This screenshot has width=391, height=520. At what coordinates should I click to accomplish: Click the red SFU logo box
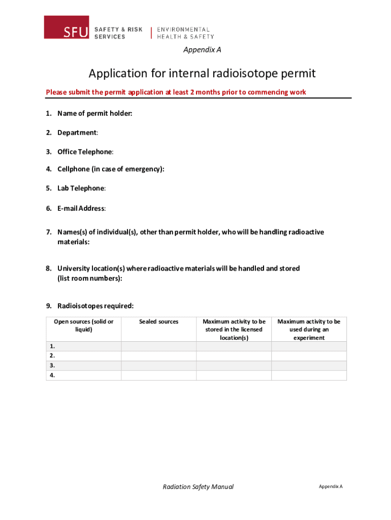click(x=68, y=27)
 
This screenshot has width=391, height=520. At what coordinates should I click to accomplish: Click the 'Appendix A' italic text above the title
click(x=202, y=50)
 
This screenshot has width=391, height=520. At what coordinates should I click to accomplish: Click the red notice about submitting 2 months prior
click(x=176, y=92)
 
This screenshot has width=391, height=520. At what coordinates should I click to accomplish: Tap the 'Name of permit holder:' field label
click(x=94, y=113)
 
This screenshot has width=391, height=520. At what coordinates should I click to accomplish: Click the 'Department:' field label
click(x=78, y=133)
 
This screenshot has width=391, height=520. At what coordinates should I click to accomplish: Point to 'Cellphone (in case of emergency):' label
click(x=111, y=169)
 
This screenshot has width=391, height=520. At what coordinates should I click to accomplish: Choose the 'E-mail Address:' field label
click(x=81, y=208)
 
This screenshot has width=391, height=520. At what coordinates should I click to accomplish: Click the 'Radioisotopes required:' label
click(x=95, y=306)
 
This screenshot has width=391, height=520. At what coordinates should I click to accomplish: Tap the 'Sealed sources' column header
click(x=158, y=321)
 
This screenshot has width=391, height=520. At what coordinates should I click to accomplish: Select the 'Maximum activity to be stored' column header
click(x=234, y=329)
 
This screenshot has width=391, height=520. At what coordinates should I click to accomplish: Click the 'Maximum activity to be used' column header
click(x=309, y=329)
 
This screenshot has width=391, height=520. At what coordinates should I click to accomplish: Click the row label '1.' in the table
click(x=52, y=346)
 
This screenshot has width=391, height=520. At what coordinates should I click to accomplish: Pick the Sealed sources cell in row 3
click(x=158, y=366)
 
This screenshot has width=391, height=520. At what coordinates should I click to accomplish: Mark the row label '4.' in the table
click(x=52, y=375)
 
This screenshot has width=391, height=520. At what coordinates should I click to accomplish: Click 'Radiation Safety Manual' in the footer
click(x=198, y=486)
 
